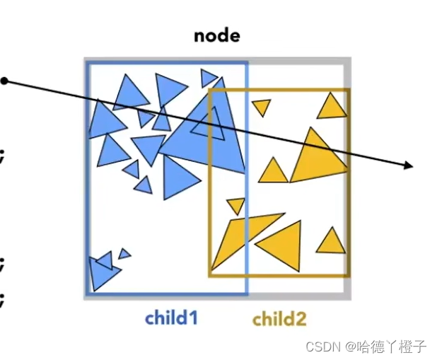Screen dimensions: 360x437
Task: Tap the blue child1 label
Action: [x=171, y=318]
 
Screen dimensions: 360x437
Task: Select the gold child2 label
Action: [x=279, y=319]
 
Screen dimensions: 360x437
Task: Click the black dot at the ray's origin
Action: [x=4, y=81]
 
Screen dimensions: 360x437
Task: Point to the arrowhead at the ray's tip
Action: [x=409, y=166]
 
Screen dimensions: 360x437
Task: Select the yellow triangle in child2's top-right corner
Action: [x=332, y=107]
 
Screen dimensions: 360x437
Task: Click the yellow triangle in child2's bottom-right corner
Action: [x=330, y=242]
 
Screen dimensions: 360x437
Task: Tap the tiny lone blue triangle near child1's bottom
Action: [x=124, y=253]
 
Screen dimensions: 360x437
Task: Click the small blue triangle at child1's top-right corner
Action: [x=209, y=77]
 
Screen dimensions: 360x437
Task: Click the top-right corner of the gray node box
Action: [x=349, y=60]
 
